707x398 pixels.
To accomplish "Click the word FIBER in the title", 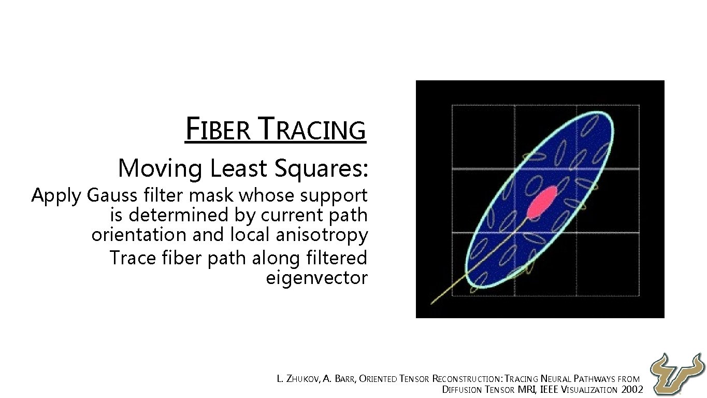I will click(x=218, y=130).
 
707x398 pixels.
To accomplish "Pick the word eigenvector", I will click(x=316, y=278).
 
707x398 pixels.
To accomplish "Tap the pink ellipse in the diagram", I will click(x=542, y=201).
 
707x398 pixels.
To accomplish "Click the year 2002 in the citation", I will click(x=631, y=390).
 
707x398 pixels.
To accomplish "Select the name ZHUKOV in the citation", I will click(x=302, y=379).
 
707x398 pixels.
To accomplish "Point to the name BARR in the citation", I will click(x=344, y=379).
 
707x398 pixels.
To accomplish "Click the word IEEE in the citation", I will click(x=549, y=390).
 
